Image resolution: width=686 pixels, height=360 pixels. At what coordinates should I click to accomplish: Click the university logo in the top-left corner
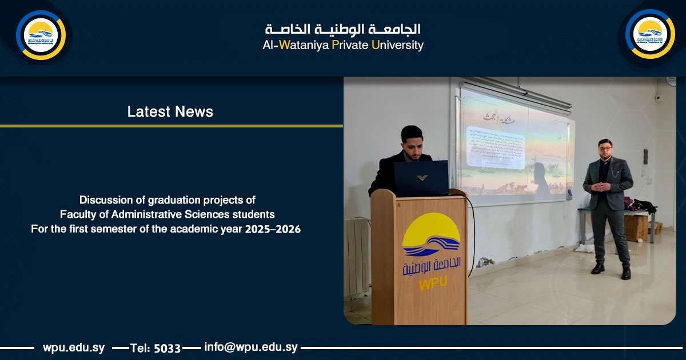pos(41,35)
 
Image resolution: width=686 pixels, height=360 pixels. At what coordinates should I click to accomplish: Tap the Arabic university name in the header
pos(343,29)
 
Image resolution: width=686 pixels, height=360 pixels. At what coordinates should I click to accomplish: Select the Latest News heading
pos(170,111)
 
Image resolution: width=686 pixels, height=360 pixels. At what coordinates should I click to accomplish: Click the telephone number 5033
pos(167,348)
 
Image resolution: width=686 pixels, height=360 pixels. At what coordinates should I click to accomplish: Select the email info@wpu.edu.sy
pos(250,347)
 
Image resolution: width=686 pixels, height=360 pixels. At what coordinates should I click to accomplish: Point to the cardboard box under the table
pos(636,227)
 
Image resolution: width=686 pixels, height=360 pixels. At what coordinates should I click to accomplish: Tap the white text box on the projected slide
pos(496,147)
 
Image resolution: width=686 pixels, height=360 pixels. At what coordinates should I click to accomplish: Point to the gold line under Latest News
pos(171,126)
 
